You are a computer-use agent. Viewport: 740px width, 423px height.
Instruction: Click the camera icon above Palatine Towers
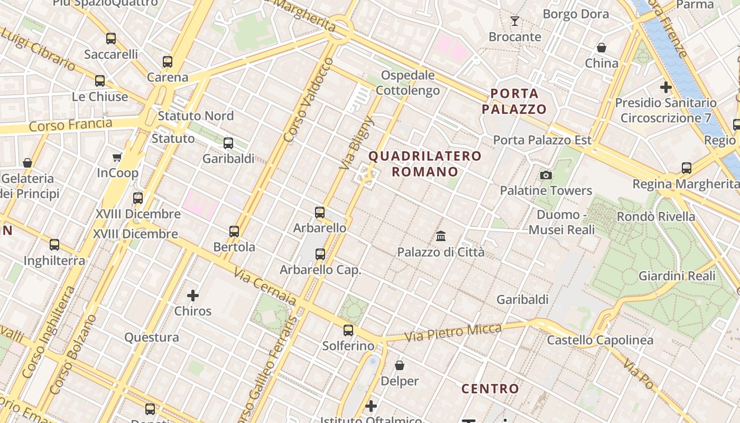click(546, 175)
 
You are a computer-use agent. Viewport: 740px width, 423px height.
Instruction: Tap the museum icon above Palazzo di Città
click(441, 236)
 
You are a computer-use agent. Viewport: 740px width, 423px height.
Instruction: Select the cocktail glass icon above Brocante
click(515, 21)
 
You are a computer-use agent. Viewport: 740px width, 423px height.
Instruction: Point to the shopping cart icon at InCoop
click(117, 157)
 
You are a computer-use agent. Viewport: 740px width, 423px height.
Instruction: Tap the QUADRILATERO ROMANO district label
click(425, 164)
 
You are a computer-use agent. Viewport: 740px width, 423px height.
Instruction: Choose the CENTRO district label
click(491, 389)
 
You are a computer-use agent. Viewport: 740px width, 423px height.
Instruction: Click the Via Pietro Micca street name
click(453, 333)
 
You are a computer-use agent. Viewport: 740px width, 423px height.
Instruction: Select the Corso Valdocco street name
click(308, 100)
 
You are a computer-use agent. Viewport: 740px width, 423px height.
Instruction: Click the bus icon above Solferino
click(348, 330)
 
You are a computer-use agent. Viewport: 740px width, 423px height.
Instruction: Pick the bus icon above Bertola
click(234, 232)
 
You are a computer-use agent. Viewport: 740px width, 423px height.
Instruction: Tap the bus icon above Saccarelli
click(111, 39)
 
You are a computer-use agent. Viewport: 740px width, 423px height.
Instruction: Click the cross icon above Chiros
click(193, 296)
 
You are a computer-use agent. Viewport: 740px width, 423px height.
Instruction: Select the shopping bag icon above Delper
click(400, 365)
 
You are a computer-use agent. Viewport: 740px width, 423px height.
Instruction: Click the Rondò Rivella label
click(656, 217)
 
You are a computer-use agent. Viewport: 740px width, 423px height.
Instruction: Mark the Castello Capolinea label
click(600, 340)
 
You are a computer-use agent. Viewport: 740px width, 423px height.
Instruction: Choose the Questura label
click(152, 337)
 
